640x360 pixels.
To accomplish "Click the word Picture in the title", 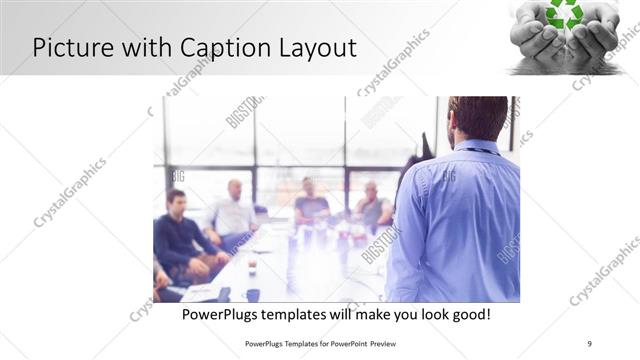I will tap(70, 47).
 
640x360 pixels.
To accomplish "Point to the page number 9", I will tap(589, 343).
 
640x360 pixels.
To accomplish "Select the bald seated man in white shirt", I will tap(233, 213).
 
